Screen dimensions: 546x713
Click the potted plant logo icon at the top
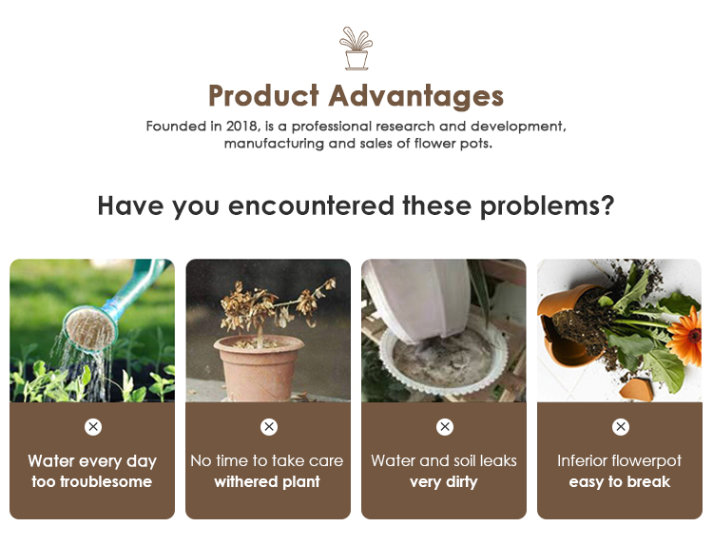[x=356, y=49]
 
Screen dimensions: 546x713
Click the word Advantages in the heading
[x=416, y=96]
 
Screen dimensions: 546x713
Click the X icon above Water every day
[x=92, y=427]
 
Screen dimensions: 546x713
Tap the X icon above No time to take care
[x=268, y=427]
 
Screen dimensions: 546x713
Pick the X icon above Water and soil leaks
[x=444, y=427]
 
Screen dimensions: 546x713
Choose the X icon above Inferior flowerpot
[x=620, y=427]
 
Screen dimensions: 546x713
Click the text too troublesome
[x=92, y=482]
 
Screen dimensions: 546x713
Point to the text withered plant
[x=267, y=482]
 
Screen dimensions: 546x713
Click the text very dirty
[x=444, y=482]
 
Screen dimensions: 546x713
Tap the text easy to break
[x=620, y=482]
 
